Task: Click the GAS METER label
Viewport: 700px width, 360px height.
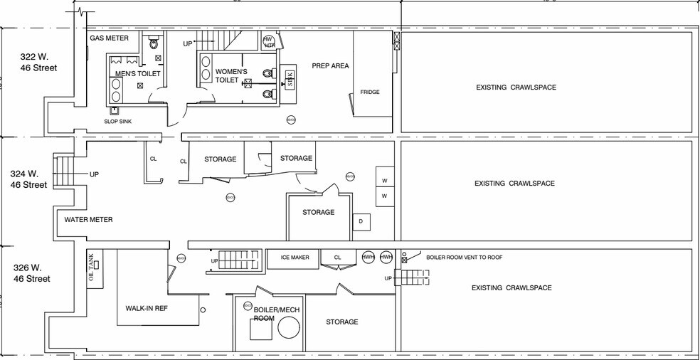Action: point(109,38)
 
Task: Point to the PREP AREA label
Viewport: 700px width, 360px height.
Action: point(330,66)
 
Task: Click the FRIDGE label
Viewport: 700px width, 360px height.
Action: point(369,92)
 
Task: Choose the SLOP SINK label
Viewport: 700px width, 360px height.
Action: point(117,121)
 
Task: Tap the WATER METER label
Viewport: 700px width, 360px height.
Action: point(88,220)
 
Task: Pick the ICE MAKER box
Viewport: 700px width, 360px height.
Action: point(295,258)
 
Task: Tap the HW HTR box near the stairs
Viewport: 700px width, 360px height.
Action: point(269,42)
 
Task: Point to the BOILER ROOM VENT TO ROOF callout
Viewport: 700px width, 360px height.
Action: point(464,258)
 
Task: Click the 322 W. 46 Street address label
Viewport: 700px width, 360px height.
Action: point(38,63)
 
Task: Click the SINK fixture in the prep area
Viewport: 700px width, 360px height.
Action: point(290,79)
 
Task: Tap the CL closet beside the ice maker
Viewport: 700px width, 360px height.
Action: point(338,258)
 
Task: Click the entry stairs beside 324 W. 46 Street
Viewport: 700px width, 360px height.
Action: point(64,174)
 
